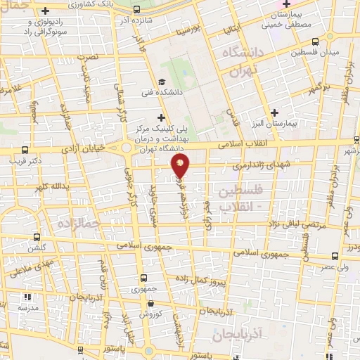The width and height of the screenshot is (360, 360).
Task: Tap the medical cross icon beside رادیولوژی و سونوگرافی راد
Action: [x=46, y=11]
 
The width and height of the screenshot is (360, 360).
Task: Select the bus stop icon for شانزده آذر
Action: [x=135, y=11]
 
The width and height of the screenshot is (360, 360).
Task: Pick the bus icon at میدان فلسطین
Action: [x=314, y=41]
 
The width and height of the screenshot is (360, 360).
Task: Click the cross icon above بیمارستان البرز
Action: [x=274, y=112]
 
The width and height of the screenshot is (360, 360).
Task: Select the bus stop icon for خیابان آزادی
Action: [x=25, y=149]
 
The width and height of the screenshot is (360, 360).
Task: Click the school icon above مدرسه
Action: [x=27, y=297]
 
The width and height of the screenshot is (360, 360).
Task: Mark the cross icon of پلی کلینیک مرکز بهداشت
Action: [x=161, y=117]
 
